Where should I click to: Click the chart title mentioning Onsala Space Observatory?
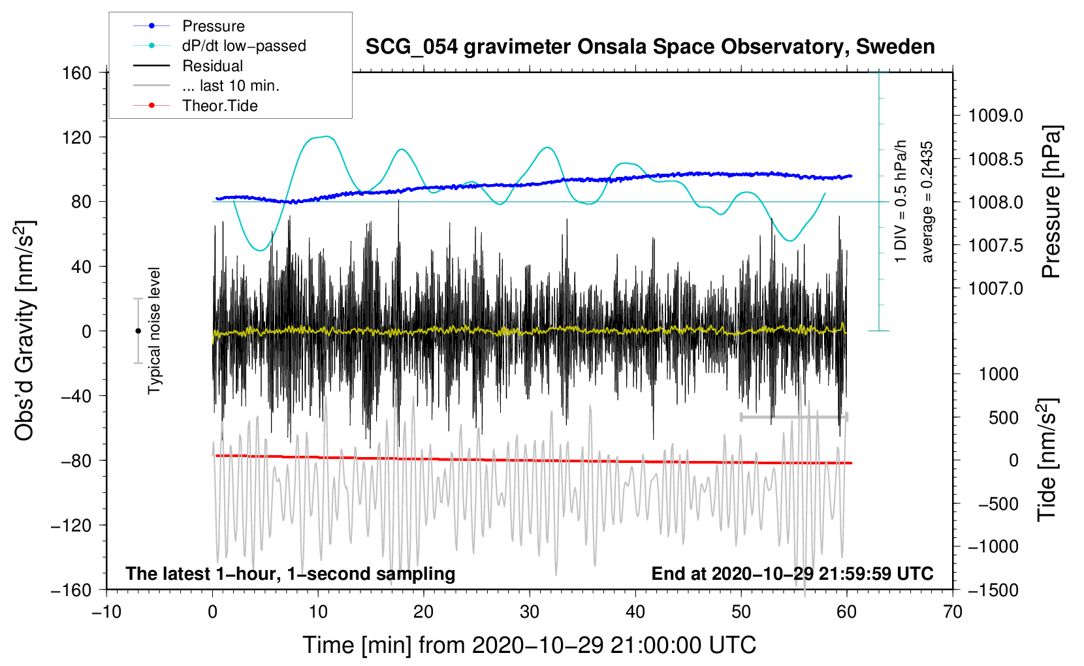pos(650,47)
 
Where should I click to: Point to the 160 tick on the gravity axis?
pos(77,72)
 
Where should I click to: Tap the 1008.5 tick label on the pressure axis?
pos(995,159)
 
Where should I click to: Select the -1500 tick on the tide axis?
pos(993,590)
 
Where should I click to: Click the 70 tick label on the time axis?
pos(953,612)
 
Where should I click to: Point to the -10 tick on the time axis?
pos(106,612)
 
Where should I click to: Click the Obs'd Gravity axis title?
pos(25,330)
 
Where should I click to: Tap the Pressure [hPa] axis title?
pos(1051,202)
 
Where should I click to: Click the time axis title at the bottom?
pos(530,645)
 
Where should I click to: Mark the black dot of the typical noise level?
pos(138,331)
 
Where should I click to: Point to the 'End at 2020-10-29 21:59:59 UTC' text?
pos(792,573)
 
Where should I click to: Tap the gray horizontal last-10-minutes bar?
pos(793,417)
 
